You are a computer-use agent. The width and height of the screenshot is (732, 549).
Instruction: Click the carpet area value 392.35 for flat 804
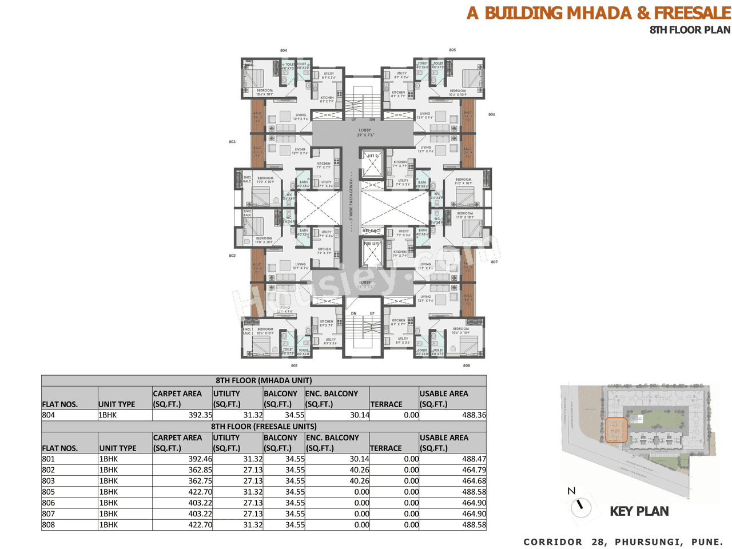point(200,415)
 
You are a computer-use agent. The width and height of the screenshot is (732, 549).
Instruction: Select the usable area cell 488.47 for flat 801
point(474,459)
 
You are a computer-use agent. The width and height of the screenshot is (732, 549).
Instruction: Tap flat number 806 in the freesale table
point(49,503)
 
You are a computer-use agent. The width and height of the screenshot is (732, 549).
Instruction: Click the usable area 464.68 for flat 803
point(474,481)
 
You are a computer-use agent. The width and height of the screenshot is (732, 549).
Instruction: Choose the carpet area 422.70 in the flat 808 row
point(200,525)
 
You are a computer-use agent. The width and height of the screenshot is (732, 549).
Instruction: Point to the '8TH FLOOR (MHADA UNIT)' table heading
point(264,380)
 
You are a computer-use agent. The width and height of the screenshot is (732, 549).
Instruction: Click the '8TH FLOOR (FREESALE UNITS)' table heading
point(264,427)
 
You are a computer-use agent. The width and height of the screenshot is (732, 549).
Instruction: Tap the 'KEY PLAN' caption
point(639,511)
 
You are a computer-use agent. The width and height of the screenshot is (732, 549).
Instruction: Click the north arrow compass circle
point(581,506)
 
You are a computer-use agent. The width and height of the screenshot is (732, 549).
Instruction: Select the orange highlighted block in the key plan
point(616,431)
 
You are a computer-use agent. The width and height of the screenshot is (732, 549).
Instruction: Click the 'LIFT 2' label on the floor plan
point(372,156)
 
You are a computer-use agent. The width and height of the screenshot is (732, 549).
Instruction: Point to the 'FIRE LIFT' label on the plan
point(372,244)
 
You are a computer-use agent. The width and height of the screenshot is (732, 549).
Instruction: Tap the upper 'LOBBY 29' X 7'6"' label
point(365,133)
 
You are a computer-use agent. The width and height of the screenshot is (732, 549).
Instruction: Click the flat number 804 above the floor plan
point(284,50)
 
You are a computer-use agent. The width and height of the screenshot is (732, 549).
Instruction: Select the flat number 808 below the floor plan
point(467,365)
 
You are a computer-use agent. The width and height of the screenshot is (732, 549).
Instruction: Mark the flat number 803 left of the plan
point(232,141)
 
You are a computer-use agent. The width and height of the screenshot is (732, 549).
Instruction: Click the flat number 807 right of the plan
point(494,262)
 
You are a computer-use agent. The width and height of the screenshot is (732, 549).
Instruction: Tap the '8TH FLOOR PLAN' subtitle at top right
point(690,30)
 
